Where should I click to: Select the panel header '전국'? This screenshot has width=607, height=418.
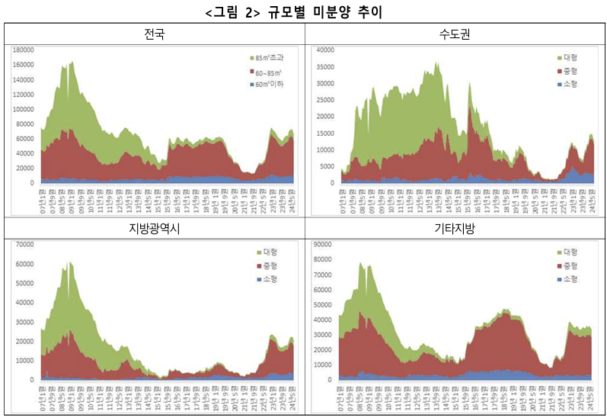tap(155, 34)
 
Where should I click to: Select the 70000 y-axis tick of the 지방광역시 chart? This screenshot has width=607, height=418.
tap(24, 244)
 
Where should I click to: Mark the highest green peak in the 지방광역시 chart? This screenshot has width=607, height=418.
tap(69, 262)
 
